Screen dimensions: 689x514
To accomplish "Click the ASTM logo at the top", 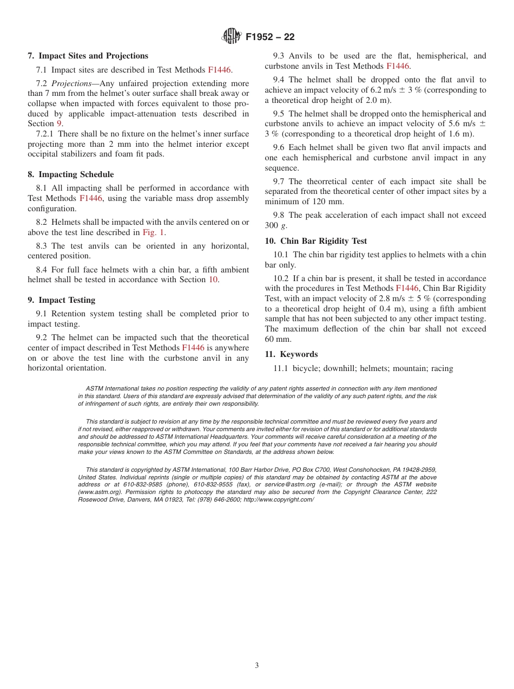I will pyautogui.click(x=232, y=37).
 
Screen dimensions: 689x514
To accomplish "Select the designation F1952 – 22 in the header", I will pyautogui.click(x=270, y=37).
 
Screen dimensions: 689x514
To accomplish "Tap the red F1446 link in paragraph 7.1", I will pyautogui.click(x=219, y=70).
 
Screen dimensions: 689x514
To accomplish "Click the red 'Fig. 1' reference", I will pyautogui.click(x=154, y=232).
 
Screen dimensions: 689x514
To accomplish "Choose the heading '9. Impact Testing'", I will pyautogui.click(x=61, y=300).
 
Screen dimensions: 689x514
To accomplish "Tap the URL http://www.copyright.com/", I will pyautogui.click(x=278, y=499).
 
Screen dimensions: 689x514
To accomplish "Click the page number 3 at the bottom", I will pyautogui.click(x=256, y=665).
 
